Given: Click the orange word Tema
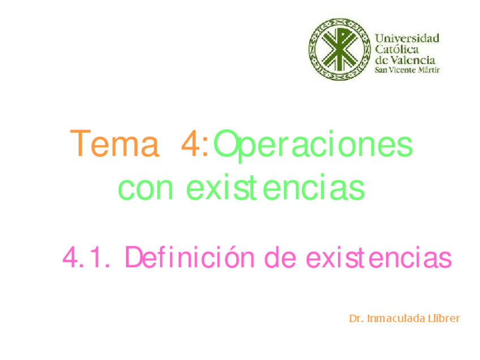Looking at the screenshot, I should click(113, 145).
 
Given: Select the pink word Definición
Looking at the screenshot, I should click(192, 258).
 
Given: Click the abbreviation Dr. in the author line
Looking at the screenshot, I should click(356, 319).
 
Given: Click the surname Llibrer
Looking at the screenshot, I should click(444, 319).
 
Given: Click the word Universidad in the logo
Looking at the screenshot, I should click(408, 38).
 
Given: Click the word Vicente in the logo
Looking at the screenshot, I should click(403, 70).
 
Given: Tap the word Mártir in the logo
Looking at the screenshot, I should click(429, 70).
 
